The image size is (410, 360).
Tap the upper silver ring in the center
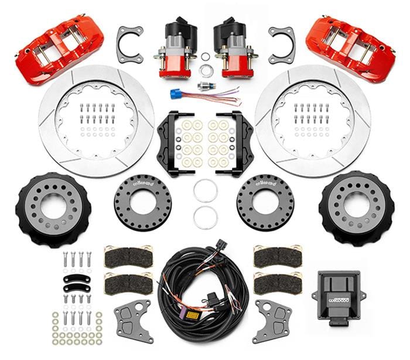(x=204, y=191)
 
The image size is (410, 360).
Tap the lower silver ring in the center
(x=204, y=217)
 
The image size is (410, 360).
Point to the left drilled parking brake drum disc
(x=143, y=202)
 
